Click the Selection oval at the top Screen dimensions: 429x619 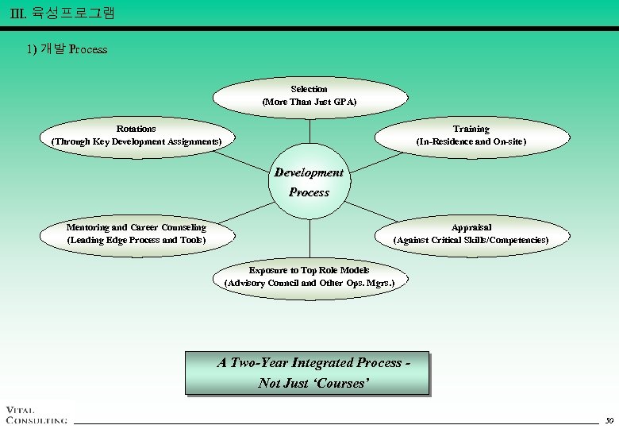pos(309,96)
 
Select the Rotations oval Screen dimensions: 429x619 pos(136,135)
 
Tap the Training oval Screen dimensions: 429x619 pos(471,135)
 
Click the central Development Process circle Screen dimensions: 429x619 pos(309,183)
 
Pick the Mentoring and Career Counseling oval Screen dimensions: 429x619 pos(136,234)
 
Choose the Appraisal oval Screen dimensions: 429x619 pos(471,234)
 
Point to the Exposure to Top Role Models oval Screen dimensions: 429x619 pos(309,277)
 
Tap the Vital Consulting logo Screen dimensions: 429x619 pos(36,414)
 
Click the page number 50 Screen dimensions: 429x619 pos(609,419)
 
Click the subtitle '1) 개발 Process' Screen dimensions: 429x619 pos(67,49)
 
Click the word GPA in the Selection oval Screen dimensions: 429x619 pos(344,102)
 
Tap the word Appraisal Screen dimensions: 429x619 pos(471,227)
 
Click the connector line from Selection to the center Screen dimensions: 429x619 pos(309,131)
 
